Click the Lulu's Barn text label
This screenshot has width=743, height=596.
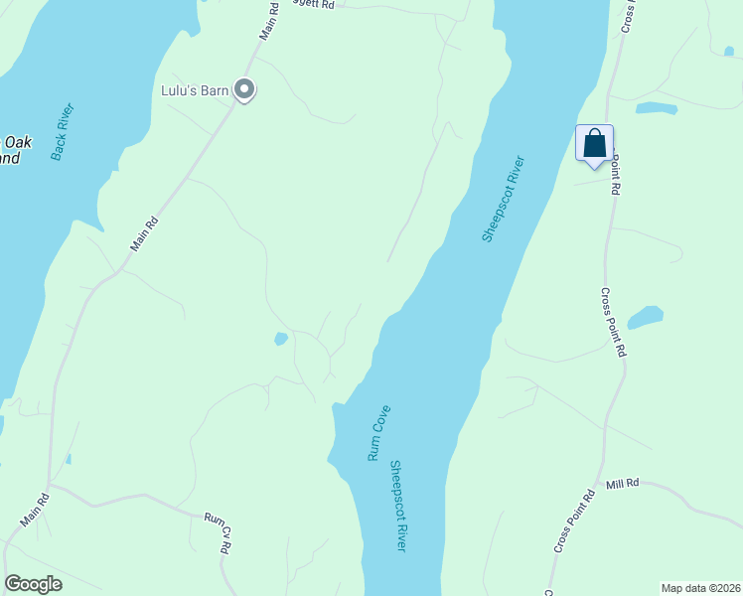[x=196, y=91]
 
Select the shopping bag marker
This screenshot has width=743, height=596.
[x=594, y=143]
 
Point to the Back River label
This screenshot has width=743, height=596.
[x=64, y=132]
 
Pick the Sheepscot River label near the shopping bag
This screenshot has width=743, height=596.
[x=503, y=198]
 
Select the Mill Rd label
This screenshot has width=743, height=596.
[x=623, y=484]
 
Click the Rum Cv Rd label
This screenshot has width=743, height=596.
[x=219, y=532]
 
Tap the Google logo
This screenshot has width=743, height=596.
[x=33, y=584]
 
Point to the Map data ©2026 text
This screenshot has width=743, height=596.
[x=700, y=588]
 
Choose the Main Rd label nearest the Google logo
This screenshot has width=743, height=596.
[x=34, y=511]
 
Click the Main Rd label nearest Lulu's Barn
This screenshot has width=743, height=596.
[x=267, y=22]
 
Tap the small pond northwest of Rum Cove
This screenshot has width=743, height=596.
[x=281, y=340]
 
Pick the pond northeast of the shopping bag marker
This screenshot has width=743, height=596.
[x=657, y=108]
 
